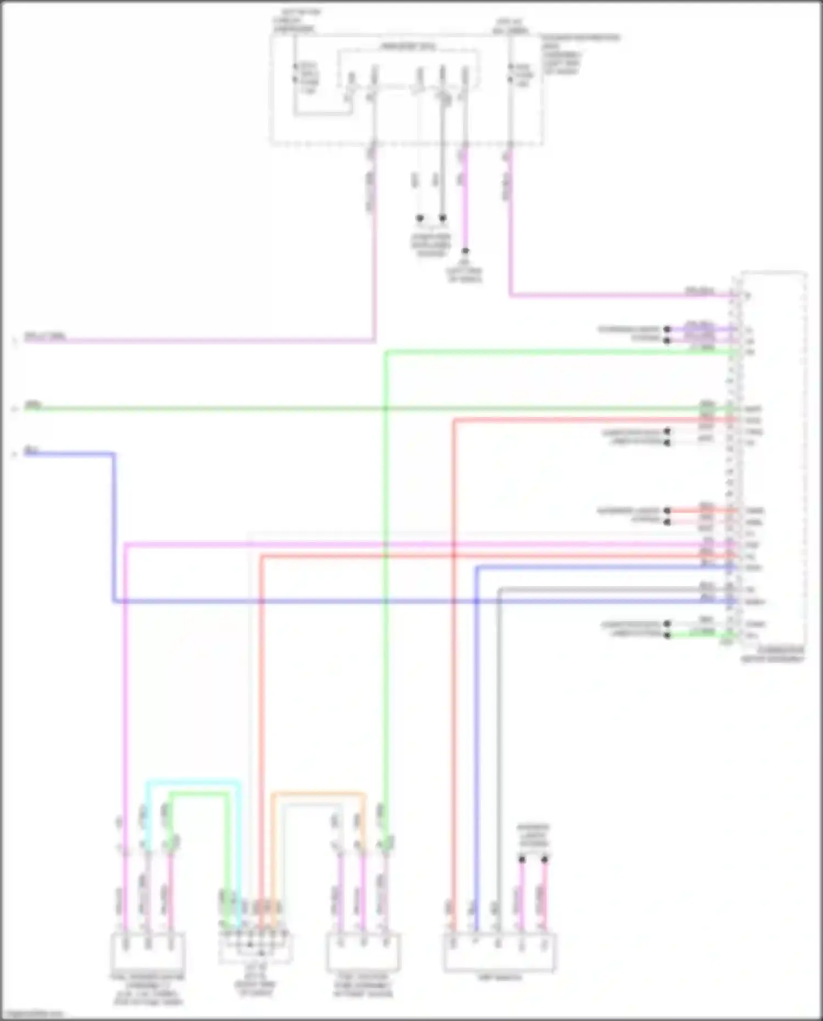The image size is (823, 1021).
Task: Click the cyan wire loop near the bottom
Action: coord(192,781)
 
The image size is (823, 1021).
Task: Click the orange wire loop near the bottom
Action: coord(318,793)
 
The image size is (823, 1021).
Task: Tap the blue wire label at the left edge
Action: coord(31,451)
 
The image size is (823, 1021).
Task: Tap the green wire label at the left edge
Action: coord(32,405)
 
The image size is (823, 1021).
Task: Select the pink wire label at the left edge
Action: coord(45,336)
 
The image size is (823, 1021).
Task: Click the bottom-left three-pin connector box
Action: coord(148,952)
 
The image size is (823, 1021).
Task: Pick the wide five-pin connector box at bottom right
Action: coord(499,952)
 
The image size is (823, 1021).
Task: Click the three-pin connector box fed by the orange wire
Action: coord(363,952)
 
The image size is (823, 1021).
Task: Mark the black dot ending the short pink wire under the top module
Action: coord(465,251)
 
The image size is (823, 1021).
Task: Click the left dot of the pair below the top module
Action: coord(420,218)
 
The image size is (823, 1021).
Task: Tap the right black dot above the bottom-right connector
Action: coord(545,859)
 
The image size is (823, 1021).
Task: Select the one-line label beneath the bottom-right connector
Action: coord(499,978)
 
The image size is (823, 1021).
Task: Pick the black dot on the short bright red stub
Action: coord(667,511)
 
